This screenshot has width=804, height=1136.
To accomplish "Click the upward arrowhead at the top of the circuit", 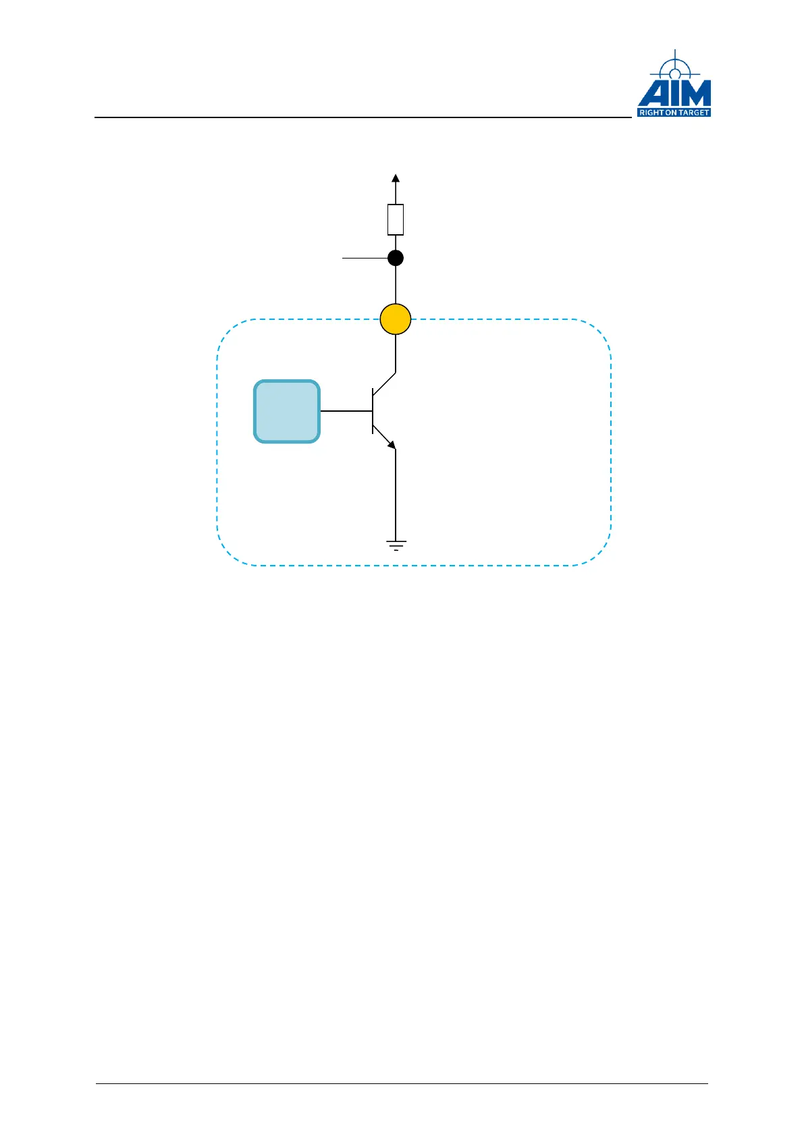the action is click(396, 178).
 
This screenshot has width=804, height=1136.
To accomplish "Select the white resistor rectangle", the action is click(396, 219).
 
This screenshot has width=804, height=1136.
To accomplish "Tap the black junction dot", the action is click(396, 258).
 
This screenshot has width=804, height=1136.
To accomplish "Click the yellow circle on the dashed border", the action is click(396, 319).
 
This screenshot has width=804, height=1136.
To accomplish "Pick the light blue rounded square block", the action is click(287, 411).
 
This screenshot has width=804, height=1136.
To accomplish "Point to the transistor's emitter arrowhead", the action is click(391, 444).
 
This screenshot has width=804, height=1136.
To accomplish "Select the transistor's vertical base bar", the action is click(373, 411).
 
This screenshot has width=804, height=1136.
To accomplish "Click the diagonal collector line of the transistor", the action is click(384, 383).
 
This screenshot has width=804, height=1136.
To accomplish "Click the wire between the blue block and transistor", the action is click(346, 411).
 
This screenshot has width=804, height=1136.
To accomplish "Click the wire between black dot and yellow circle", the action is click(396, 284).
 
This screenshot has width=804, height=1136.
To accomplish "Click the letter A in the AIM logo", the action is click(652, 94).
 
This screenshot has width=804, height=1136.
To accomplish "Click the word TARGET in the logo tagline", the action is click(693, 113).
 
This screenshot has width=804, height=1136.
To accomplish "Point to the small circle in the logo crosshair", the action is click(674, 74).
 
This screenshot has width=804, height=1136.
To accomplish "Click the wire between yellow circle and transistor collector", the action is click(396, 353).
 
